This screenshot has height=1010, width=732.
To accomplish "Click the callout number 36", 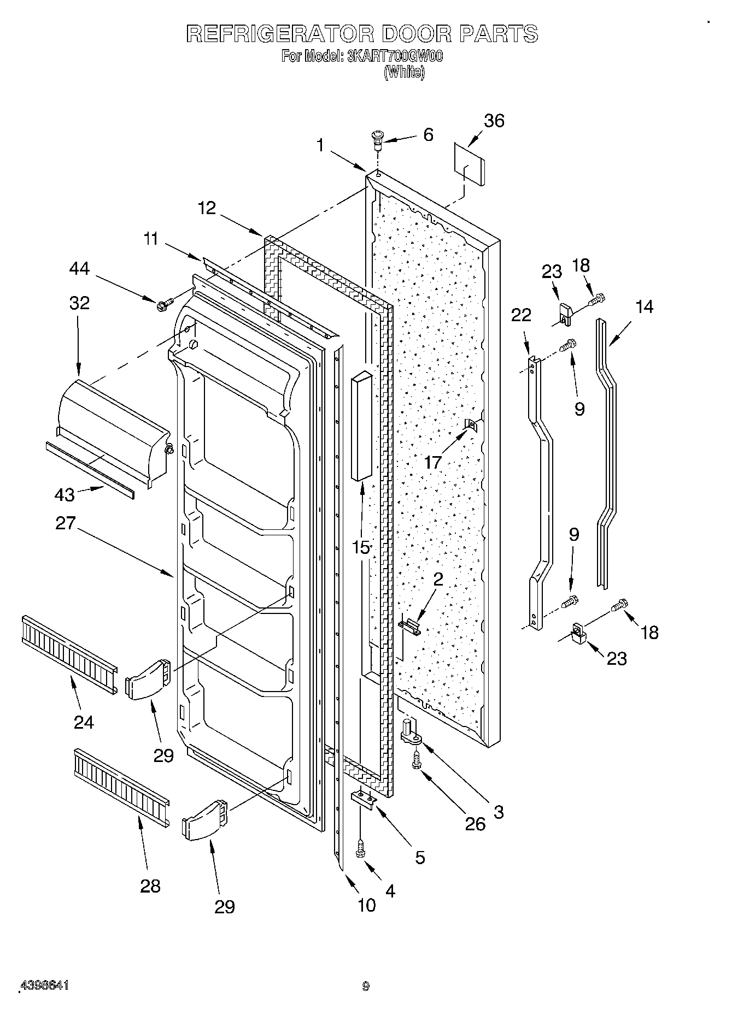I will click(494, 121).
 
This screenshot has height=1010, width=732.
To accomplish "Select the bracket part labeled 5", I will click(364, 798).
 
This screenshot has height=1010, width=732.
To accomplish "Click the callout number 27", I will click(65, 523).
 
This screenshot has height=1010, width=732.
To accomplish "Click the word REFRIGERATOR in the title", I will click(279, 34).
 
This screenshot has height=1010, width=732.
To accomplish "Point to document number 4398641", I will click(44, 985).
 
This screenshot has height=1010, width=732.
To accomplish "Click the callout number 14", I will click(644, 306).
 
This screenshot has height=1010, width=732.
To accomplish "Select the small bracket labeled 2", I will click(411, 625).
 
